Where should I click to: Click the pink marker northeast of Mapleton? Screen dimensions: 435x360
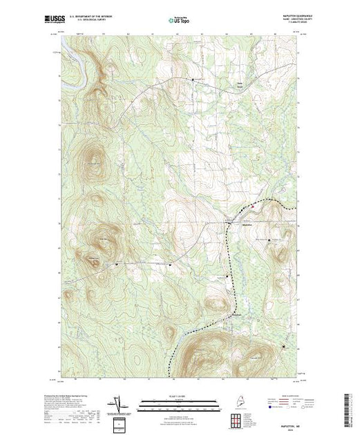[x=253, y=205]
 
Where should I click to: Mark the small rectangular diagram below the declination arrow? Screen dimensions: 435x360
[x=118, y=423]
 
